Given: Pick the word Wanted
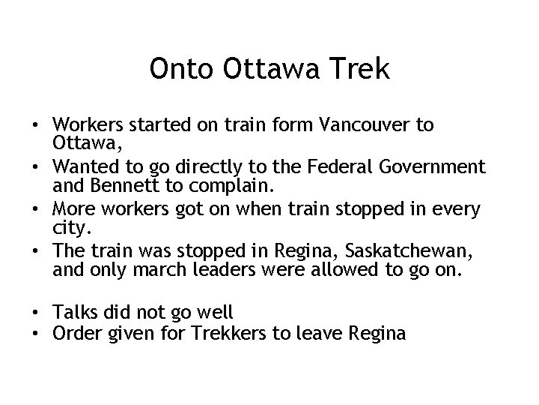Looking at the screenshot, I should [x=84, y=166].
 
